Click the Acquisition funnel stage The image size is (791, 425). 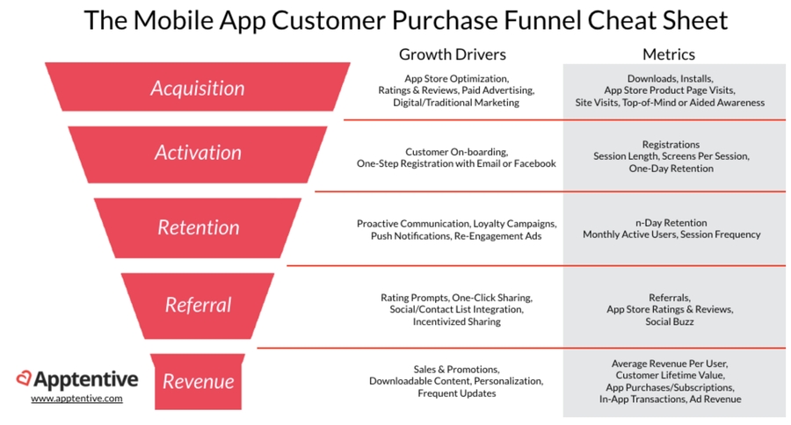pyautogui.click(x=197, y=87)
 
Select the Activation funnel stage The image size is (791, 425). pyautogui.click(x=197, y=155)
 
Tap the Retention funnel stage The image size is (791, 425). pyautogui.click(x=197, y=228)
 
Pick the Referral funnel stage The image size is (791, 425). pyautogui.click(x=197, y=306)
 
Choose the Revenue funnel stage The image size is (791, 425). pyautogui.click(x=197, y=381)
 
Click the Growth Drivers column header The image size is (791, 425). pyautogui.click(x=452, y=54)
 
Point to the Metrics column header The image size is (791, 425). pyautogui.click(x=669, y=54)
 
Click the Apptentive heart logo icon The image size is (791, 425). pyautogui.click(x=24, y=378)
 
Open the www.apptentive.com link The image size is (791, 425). pyautogui.click(x=76, y=399)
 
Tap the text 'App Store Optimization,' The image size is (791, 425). pyautogui.click(x=456, y=79)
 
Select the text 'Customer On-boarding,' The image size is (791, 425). pyautogui.click(x=456, y=152)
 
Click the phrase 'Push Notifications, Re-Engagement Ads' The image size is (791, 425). pyautogui.click(x=456, y=236)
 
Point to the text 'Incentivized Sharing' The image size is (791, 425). pyautogui.click(x=456, y=321)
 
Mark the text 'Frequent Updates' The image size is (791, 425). pyautogui.click(x=456, y=393)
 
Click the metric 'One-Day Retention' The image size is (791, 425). pyautogui.click(x=671, y=169)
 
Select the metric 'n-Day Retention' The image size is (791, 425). pyautogui.click(x=671, y=223)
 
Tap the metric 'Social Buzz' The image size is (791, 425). pyautogui.click(x=670, y=321)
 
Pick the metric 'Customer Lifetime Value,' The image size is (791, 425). pyautogui.click(x=670, y=376)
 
